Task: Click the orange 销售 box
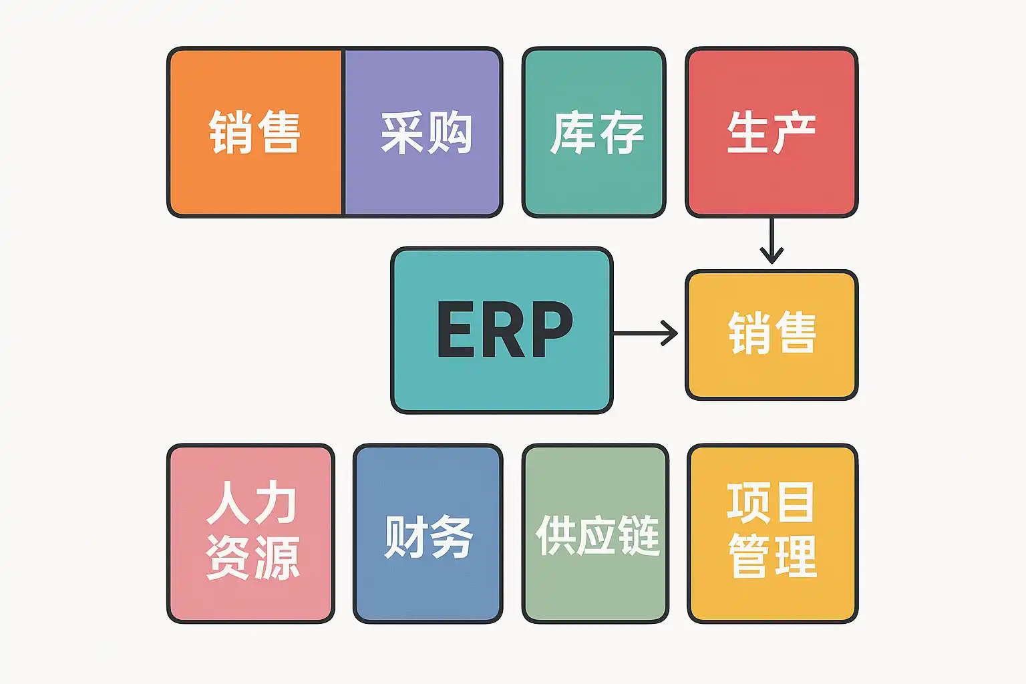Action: tap(255, 132)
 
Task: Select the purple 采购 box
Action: tap(423, 132)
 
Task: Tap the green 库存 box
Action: tap(594, 132)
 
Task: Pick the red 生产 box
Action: tap(772, 132)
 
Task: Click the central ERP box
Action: tap(502, 330)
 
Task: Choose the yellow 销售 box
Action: tap(772, 334)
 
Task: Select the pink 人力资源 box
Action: tap(251, 533)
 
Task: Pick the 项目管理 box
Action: tap(772, 533)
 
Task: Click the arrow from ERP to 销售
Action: tap(645, 333)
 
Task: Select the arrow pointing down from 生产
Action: tap(772, 240)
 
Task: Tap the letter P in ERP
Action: tap(549, 329)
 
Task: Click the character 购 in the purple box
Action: tap(451, 132)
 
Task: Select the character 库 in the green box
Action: tap(572, 132)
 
